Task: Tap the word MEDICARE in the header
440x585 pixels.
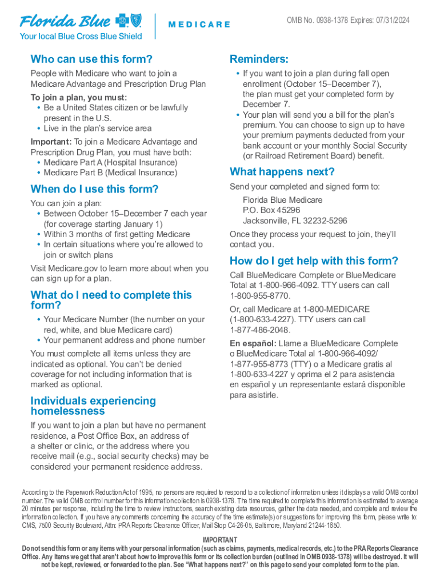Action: (x=199, y=25)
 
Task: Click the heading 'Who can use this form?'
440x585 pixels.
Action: (x=91, y=59)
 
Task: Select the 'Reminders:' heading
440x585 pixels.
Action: (x=259, y=59)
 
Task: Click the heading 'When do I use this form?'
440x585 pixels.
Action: (x=94, y=189)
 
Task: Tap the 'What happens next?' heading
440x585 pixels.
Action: (x=282, y=172)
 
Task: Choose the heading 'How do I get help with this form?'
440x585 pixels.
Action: (x=314, y=261)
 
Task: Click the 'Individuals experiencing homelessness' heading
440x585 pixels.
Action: (x=93, y=406)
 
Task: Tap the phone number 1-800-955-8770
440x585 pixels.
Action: (x=260, y=296)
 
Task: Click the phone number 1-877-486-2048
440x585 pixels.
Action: (x=260, y=330)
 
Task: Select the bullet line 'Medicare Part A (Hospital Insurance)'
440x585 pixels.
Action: (x=110, y=162)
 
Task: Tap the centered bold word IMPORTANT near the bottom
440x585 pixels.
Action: (x=220, y=540)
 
